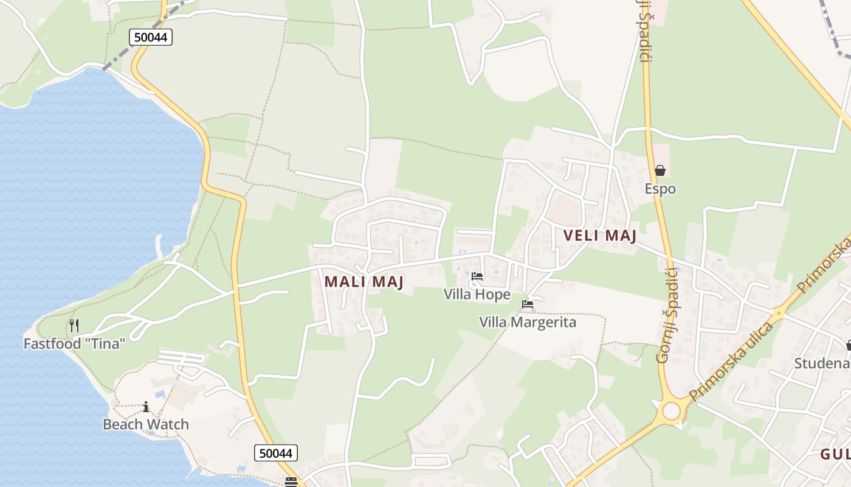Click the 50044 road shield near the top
(x=151, y=37)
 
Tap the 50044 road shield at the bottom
(x=276, y=453)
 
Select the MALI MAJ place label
(x=364, y=282)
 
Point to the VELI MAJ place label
(x=599, y=236)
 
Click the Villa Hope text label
(x=477, y=295)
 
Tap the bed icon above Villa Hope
(x=477, y=277)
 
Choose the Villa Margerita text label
(x=528, y=322)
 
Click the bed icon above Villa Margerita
(x=528, y=304)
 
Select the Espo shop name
(x=660, y=189)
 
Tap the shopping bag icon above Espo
(x=660, y=170)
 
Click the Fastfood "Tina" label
(x=74, y=343)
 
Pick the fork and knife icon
(x=74, y=325)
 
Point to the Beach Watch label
(x=146, y=424)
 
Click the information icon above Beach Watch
(x=146, y=407)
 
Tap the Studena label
(x=822, y=363)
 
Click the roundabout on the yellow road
(x=672, y=411)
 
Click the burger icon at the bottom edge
(x=291, y=482)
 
